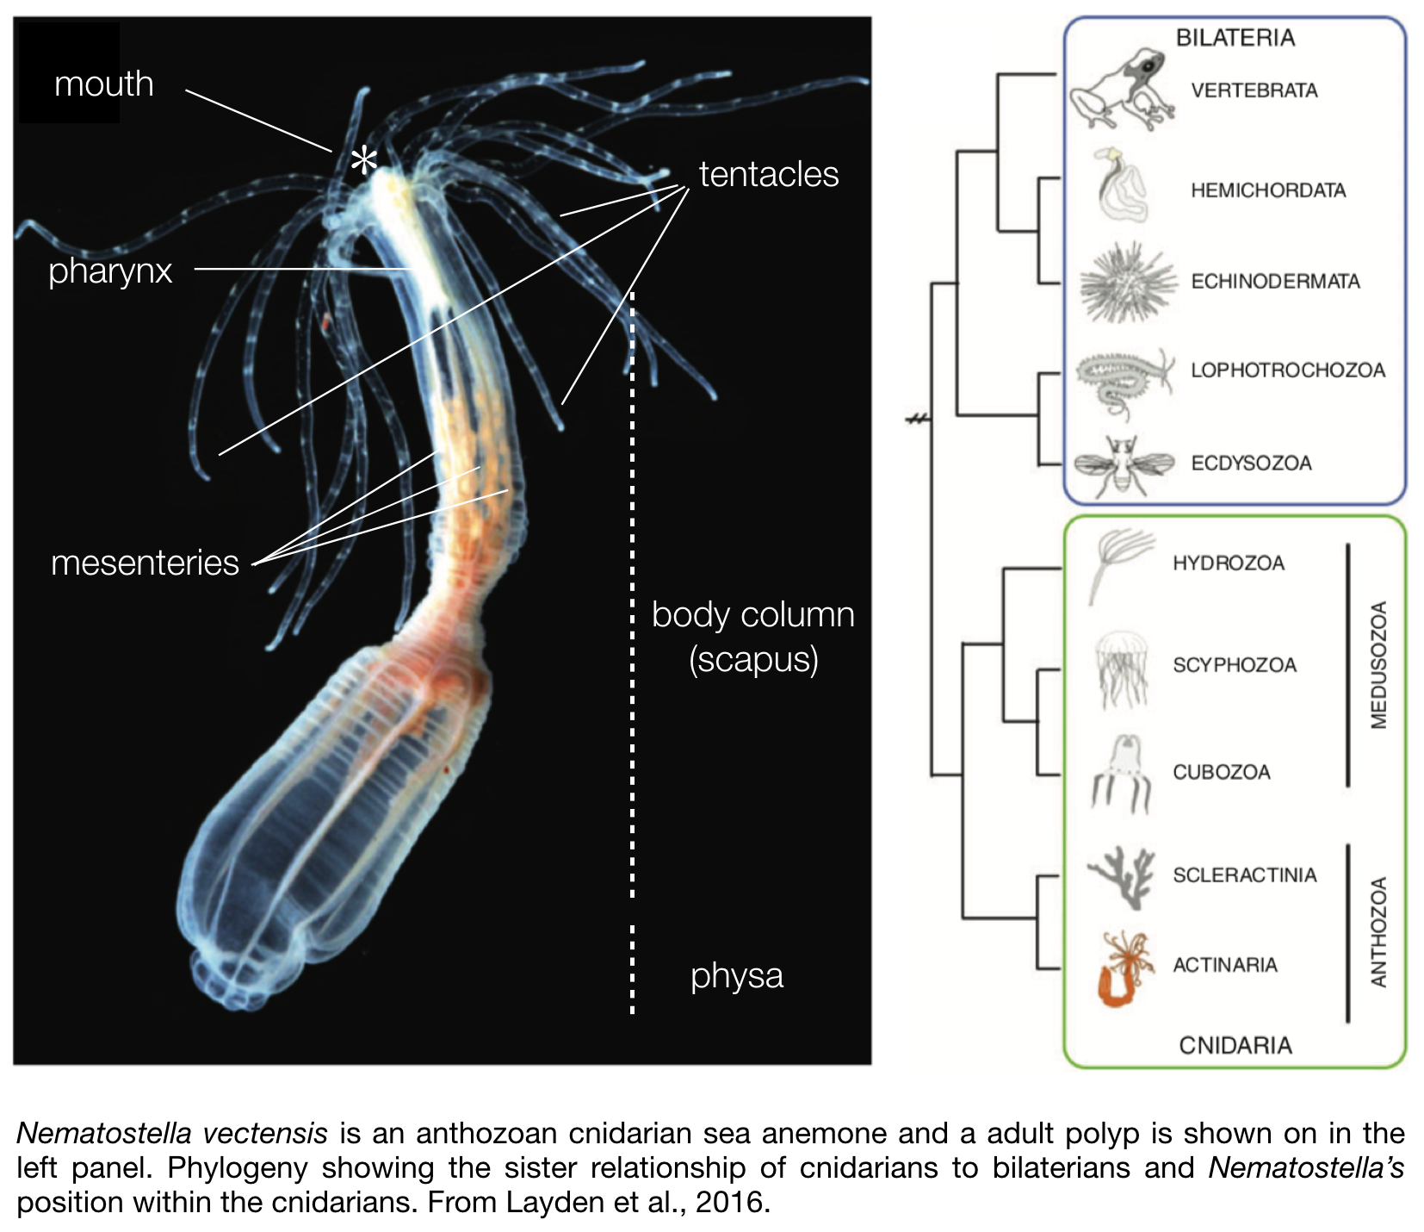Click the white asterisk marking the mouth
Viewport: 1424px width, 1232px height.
[x=364, y=160]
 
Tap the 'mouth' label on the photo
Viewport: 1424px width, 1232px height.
[x=103, y=84]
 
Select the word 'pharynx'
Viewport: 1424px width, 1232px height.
[x=110, y=271]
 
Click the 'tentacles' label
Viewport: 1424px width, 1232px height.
[x=768, y=174]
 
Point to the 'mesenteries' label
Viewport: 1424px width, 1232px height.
[x=145, y=563]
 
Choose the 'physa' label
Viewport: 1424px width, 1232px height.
[x=737, y=975]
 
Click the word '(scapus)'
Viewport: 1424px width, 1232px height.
[x=753, y=660]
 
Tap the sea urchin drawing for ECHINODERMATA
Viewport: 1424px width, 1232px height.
[x=1127, y=282]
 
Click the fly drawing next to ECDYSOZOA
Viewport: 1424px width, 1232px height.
[x=1122, y=465]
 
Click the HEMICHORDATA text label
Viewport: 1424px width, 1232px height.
[x=1267, y=190]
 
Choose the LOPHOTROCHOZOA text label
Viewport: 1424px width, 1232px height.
[x=1287, y=370]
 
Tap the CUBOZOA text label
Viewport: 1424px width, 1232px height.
[x=1221, y=772]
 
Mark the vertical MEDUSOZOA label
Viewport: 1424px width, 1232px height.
[x=1378, y=665]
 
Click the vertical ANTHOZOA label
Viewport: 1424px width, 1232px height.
[x=1378, y=931]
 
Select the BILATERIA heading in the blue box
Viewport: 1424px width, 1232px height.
[x=1235, y=38]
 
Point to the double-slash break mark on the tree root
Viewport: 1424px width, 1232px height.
[x=919, y=420]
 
